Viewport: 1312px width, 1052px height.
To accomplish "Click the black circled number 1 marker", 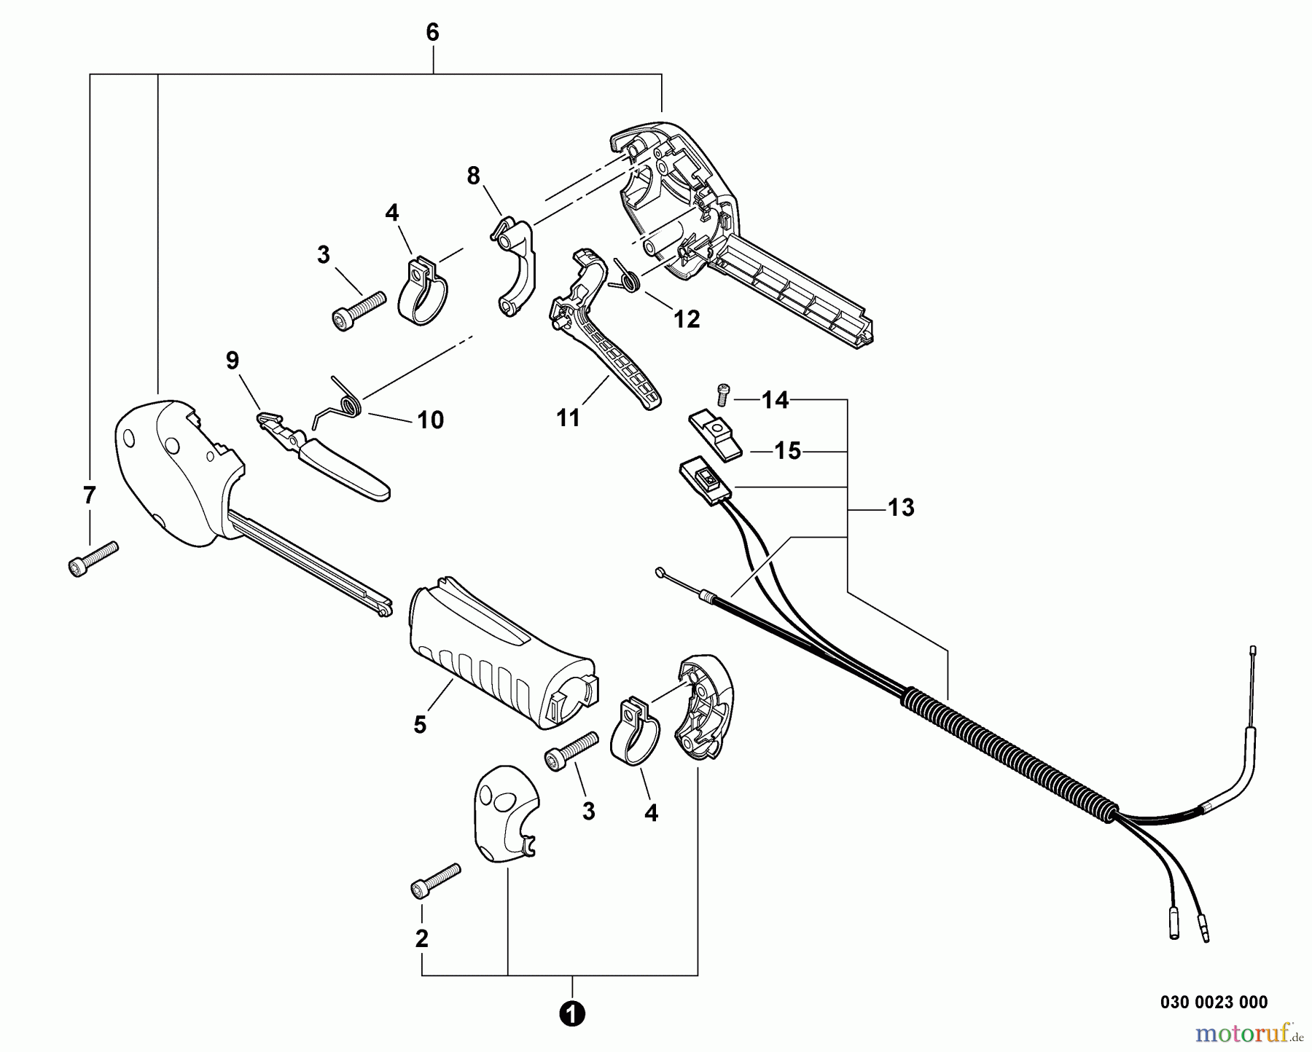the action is click(573, 1013).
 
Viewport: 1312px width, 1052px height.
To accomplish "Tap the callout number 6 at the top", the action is click(432, 32).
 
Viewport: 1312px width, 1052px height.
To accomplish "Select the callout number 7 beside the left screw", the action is click(89, 495).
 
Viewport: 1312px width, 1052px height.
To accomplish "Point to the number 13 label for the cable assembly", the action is click(901, 507).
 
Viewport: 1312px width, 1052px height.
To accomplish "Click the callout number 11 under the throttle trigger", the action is click(568, 418).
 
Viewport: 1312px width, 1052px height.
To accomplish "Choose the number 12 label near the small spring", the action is click(687, 318).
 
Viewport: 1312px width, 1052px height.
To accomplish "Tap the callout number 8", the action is click(474, 176).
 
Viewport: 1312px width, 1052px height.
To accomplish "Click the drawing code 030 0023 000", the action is click(1214, 1002).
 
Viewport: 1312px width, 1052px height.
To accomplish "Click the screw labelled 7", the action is click(93, 559).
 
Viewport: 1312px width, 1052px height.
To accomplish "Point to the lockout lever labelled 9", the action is click(324, 456).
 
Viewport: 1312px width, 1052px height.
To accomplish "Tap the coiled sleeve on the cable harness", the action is click(1010, 757).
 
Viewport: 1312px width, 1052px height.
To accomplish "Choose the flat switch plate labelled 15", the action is click(715, 434).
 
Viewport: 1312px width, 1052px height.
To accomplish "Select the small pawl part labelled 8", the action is click(514, 266).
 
